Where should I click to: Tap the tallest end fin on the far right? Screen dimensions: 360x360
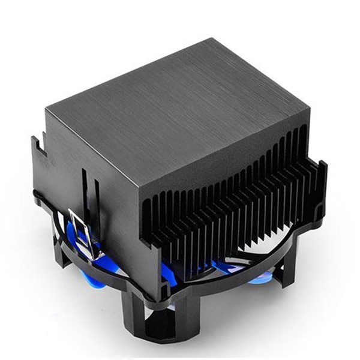tap(322, 186)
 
